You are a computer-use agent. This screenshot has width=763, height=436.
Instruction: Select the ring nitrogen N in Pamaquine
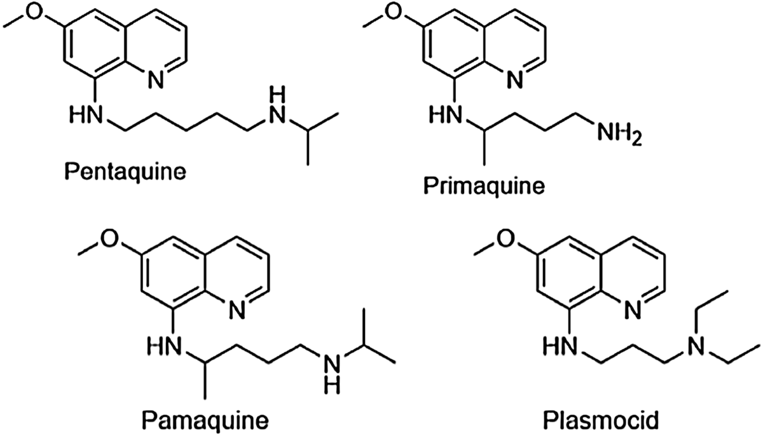click(x=238, y=311)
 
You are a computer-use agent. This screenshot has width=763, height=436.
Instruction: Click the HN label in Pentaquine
click(x=85, y=116)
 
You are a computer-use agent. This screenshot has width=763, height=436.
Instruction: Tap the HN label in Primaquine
click(x=443, y=116)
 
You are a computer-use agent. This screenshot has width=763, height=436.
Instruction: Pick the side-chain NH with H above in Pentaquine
click(x=275, y=108)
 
